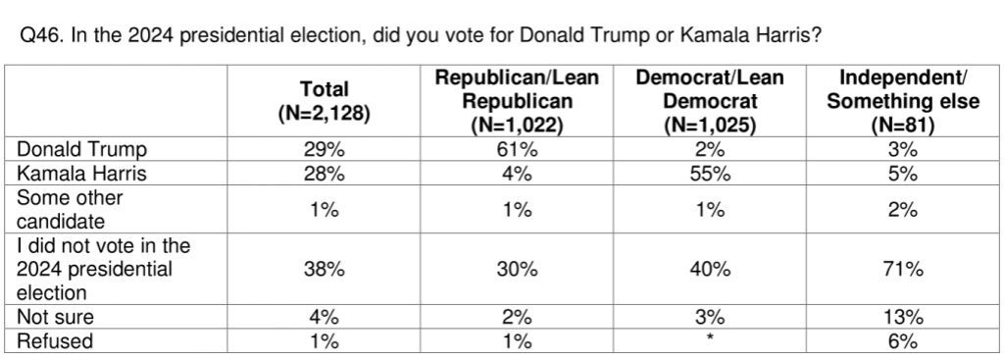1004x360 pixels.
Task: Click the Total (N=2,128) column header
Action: [324, 101]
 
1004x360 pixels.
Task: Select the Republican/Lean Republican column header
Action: [516, 101]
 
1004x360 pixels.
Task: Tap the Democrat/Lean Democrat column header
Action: [710, 101]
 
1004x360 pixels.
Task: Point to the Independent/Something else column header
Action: [903, 101]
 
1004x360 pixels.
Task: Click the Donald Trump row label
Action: [81, 149]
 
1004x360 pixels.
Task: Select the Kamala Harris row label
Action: [81, 173]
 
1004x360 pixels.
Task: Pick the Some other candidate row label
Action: [70, 210]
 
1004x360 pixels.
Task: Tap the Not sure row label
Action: [55, 317]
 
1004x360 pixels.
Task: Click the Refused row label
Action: [55, 340]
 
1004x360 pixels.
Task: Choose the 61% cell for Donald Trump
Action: [516, 149]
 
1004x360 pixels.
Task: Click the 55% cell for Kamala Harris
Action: [710, 173]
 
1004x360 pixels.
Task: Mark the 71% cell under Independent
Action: [903, 269]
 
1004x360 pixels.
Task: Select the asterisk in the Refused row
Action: [710, 337]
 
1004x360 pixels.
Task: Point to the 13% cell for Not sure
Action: [903, 317]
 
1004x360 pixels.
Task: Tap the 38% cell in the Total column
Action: [324, 269]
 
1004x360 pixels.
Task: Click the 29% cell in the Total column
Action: [324, 149]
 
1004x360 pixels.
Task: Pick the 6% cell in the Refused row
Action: [903, 340]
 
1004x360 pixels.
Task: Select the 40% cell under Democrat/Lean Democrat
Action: [710, 269]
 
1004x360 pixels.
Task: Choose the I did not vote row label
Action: [103, 269]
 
